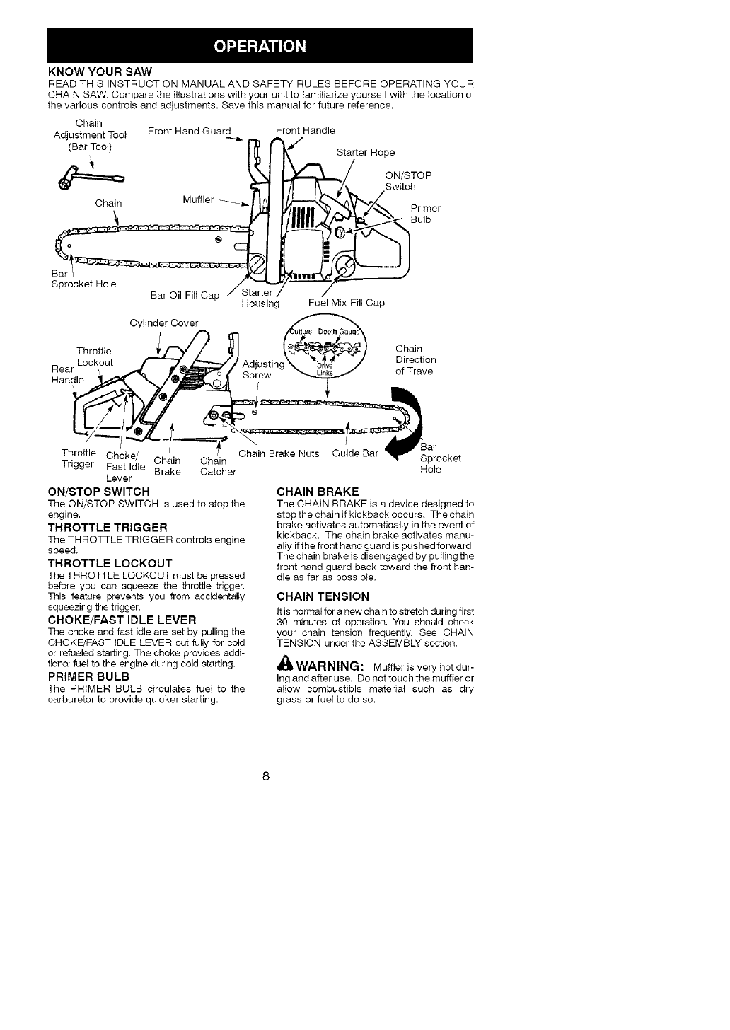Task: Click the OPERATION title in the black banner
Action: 260,47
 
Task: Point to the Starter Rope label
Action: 365,152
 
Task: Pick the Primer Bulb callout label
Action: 425,214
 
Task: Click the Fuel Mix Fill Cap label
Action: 347,303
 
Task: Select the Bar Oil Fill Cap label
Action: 185,295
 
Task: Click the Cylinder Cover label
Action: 165,323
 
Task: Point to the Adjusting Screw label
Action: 263,369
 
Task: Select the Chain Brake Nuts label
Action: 279,453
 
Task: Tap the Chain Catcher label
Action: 217,467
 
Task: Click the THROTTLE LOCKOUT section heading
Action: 110,563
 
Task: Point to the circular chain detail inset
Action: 326,352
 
